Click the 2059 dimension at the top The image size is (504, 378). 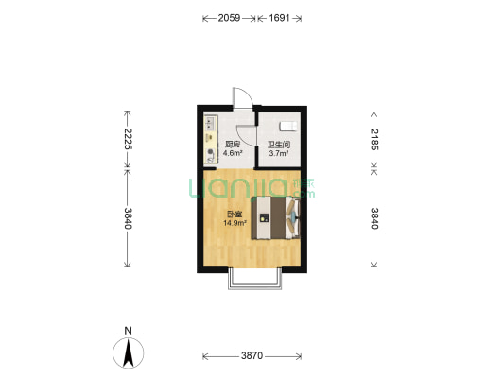pos(229,18)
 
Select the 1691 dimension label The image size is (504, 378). pos(279,18)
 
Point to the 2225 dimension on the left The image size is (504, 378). pos(128,139)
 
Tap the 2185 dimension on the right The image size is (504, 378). pos(374,139)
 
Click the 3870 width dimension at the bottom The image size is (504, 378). pos(252,356)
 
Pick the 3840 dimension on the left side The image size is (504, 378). pos(128,218)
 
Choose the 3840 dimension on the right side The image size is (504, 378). pos(374,218)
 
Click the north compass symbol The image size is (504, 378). pos(129,352)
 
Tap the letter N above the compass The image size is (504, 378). pos(129,331)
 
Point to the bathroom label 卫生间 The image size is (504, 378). pos(279,145)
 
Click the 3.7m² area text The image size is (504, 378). pos(279,153)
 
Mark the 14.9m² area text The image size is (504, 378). pos(235,223)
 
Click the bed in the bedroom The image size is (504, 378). pos(276,218)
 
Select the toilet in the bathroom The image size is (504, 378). pos(288,127)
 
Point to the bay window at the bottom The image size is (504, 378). pos(255,279)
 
